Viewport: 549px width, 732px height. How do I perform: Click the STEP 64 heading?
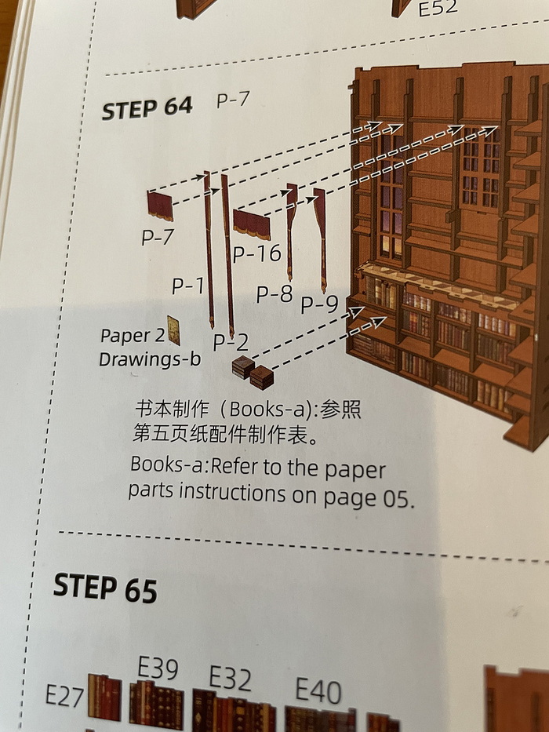coord(147,108)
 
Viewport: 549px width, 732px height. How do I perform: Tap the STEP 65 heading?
coord(105,588)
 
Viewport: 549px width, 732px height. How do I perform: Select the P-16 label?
coord(257,254)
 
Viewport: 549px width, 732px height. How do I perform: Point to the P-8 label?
coord(274,294)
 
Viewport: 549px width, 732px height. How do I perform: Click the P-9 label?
coord(319,304)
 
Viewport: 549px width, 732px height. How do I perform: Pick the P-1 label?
coord(187,286)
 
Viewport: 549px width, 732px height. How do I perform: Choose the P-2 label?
coord(231,343)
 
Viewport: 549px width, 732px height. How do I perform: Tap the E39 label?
coord(158,668)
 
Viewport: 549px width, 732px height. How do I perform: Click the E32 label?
coord(230,678)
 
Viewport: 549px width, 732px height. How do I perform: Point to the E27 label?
coord(64,696)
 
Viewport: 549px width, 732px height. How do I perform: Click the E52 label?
coord(438,8)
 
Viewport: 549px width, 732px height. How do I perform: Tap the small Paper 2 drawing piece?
coord(173,330)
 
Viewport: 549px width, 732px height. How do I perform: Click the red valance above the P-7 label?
coord(160,206)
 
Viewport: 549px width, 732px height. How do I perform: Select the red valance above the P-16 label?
coord(252,224)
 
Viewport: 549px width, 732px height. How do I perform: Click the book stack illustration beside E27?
coord(104,697)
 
